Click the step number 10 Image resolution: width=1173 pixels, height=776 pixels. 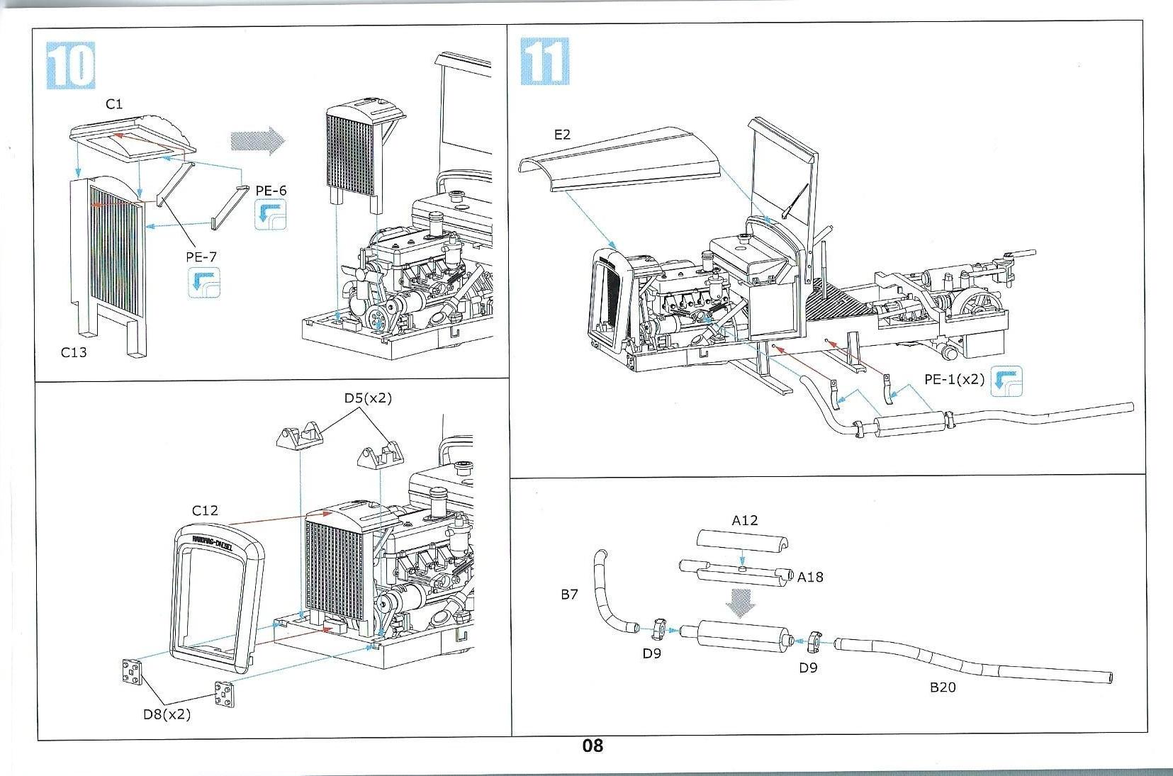[71, 65]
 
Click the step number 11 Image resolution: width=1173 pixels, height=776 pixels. [544, 62]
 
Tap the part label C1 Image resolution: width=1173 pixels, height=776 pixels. [114, 104]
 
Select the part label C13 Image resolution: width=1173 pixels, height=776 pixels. [74, 352]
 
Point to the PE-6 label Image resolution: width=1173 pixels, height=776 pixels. [271, 191]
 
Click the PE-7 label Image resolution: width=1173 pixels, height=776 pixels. [201, 257]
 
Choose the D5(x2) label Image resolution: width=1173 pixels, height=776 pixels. [368, 398]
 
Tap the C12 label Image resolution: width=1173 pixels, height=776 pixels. [205, 510]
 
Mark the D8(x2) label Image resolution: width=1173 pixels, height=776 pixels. [167, 714]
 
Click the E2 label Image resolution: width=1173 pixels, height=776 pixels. [562, 134]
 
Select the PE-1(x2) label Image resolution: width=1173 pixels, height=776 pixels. [954, 379]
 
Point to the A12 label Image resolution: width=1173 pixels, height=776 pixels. [744, 520]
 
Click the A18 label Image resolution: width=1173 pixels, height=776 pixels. [810, 577]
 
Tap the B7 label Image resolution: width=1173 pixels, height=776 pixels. [570, 595]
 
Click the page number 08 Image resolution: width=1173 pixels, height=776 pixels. [593, 746]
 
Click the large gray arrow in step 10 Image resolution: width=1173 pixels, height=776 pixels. [257, 140]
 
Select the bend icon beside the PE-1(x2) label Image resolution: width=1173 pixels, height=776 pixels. [1006, 381]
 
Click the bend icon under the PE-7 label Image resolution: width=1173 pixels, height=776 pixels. [204, 283]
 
